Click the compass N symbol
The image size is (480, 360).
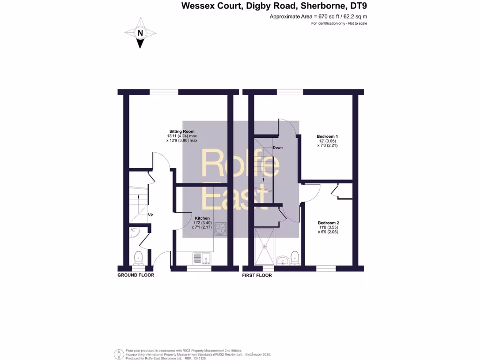[140, 33]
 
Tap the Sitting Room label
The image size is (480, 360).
[182, 131]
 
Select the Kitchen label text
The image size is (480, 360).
[202, 218]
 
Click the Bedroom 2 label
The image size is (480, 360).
[328, 223]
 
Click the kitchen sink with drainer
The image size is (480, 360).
[202, 258]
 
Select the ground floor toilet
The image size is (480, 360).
[138, 258]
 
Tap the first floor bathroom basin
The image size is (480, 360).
[282, 260]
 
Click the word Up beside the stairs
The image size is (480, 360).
[150, 215]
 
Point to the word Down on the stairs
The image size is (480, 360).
[277, 148]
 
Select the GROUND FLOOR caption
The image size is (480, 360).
[135, 275]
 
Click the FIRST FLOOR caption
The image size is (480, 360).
[257, 275]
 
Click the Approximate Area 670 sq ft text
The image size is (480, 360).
[318, 16]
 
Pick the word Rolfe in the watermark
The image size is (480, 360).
[240, 164]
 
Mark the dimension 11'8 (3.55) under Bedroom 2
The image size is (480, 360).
[328, 227]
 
